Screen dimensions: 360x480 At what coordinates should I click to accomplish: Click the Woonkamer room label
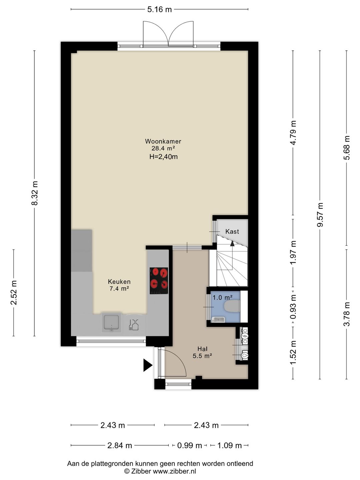(163, 141)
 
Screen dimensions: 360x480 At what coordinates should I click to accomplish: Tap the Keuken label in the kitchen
(119, 281)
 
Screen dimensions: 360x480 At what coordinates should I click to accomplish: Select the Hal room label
(202, 349)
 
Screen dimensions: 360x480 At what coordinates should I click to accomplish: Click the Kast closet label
(232, 231)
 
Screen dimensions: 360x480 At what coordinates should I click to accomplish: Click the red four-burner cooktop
(159, 281)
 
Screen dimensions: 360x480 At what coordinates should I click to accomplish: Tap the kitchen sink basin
(112, 322)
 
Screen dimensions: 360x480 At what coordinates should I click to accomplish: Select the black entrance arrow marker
(148, 365)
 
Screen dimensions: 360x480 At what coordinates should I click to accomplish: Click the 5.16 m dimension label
(160, 9)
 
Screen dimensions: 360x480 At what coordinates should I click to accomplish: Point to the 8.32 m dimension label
(35, 193)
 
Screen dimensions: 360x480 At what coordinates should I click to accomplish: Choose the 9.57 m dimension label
(320, 215)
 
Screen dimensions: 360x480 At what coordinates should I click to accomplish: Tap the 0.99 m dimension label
(190, 445)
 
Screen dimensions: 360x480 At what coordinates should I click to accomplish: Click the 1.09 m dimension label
(230, 445)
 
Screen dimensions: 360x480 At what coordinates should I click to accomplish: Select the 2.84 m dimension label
(120, 445)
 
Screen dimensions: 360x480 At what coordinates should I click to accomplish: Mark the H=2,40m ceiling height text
(163, 157)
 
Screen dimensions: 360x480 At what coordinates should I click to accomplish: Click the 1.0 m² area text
(223, 297)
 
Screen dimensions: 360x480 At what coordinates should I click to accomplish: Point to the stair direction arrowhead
(232, 243)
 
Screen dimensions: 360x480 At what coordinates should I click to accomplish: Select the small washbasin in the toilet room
(218, 320)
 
